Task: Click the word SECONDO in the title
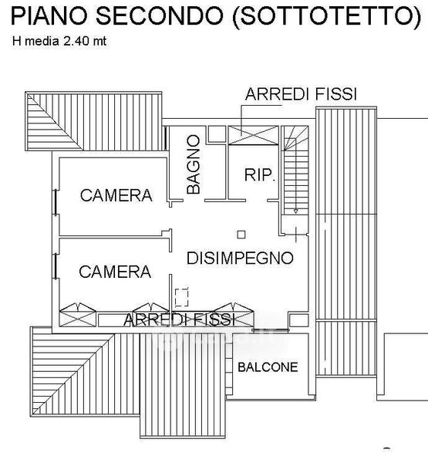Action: (160, 15)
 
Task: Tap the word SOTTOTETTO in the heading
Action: (326, 16)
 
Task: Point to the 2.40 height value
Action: (76, 41)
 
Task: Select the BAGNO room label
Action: (194, 164)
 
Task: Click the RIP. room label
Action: (260, 175)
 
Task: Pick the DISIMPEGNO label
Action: (240, 258)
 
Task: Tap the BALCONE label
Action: (268, 367)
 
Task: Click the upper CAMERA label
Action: (116, 195)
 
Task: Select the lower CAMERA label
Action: (115, 272)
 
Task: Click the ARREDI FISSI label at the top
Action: (301, 94)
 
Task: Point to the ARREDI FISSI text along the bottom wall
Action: (179, 319)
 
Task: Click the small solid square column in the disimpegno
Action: (241, 235)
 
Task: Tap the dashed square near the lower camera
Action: (181, 297)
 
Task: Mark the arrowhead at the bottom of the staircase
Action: (295, 211)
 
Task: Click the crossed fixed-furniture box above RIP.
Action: (254, 135)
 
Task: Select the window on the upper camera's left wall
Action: (55, 202)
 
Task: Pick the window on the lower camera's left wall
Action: (55, 265)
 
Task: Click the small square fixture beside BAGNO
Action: (216, 134)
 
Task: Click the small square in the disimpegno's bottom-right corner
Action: (298, 320)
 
